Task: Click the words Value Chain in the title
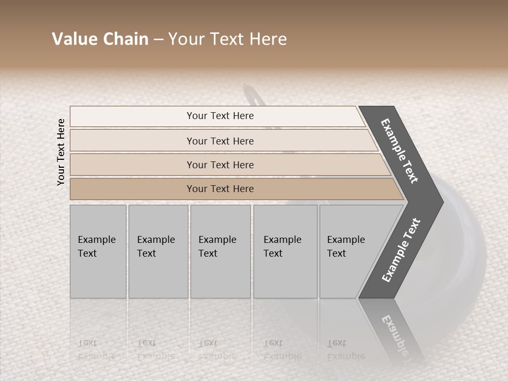(100, 39)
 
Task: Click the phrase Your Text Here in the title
(228, 39)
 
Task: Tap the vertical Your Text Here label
(61, 152)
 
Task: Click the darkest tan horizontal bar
(132, 189)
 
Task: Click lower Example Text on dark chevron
(401, 250)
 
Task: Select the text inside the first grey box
(96, 246)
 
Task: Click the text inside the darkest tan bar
(220, 189)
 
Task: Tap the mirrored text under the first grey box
(96, 349)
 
